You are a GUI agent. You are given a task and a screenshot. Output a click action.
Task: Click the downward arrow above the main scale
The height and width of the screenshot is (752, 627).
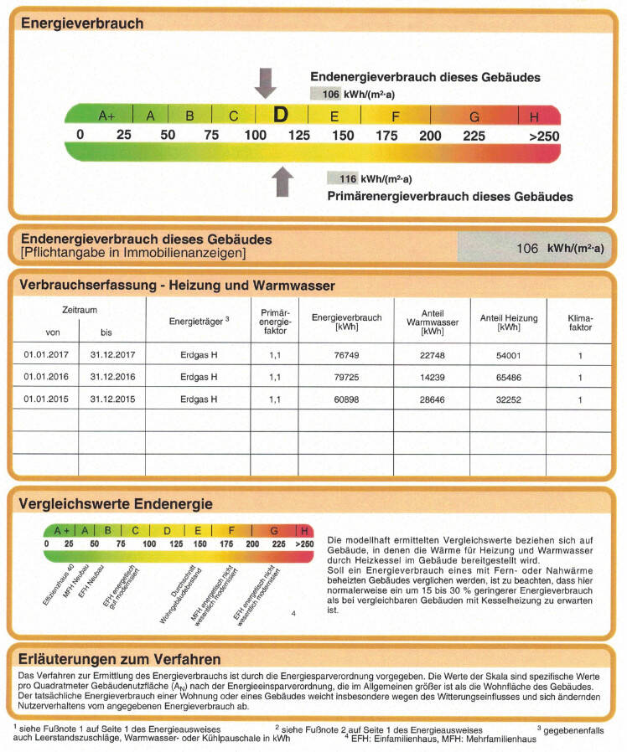pyautogui.click(x=266, y=82)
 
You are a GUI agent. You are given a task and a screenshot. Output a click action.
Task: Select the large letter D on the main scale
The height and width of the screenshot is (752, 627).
pyautogui.click(x=281, y=115)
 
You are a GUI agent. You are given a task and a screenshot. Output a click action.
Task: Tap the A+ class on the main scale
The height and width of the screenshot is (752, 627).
pyautogui.click(x=106, y=116)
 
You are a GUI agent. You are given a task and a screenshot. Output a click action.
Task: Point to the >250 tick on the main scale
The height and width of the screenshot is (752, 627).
pyautogui.click(x=544, y=136)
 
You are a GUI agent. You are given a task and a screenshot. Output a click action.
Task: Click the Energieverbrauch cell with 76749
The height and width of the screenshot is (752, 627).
pyautogui.click(x=346, y=354)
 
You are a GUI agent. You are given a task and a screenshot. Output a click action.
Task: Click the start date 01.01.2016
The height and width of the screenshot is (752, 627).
pyautogui.click(x=47, y=377)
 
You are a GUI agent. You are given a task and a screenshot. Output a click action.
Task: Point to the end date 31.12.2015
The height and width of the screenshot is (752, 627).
pyautogui.click(x=112, y=399)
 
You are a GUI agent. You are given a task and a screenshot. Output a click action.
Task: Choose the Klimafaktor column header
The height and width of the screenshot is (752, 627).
pyautogui.click(x=579, y=323)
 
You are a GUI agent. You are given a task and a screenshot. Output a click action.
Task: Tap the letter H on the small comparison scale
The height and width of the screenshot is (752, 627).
pyautogui.click(x=303, y=530)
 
